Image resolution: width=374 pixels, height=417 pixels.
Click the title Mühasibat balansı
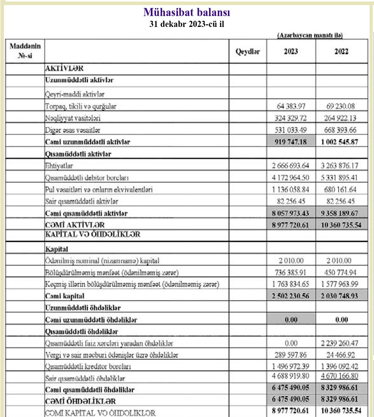pos(187,12)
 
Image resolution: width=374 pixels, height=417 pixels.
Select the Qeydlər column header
pos(248,52)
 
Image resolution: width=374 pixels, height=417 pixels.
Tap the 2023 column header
pos(291,52)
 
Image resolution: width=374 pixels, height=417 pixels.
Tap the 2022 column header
pos(341,52)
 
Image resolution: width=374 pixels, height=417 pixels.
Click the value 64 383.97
pos(291,106)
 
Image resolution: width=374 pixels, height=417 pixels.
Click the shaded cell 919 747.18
pos(291,142)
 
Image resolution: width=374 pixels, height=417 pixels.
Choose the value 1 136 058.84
pos(291,190)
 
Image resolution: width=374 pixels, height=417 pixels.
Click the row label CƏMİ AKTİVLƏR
pos(75,225)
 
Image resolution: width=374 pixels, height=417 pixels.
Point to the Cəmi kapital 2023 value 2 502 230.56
pos(291,296)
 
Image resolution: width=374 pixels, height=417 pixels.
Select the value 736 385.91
pos(291,272)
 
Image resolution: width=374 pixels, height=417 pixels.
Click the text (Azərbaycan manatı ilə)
pos(310,36)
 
